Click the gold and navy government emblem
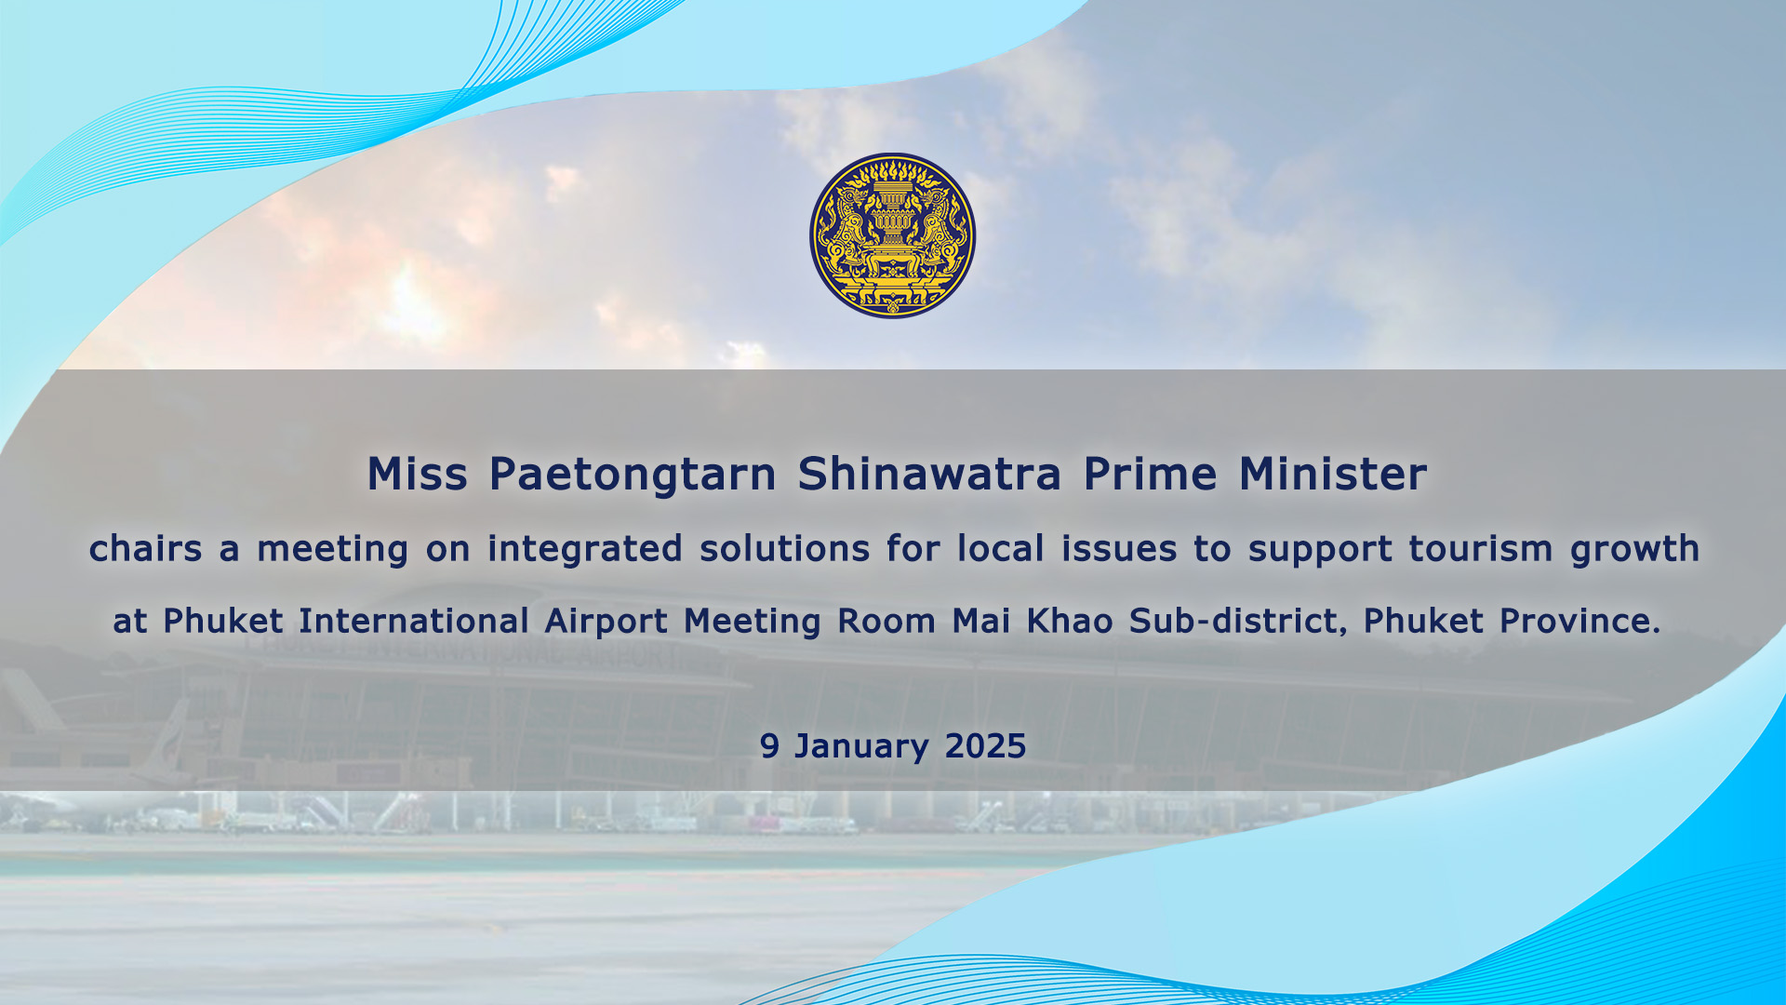click(x=893, y=235)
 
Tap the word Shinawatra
click(x=929, y=474)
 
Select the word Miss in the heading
click(x=418, y=474)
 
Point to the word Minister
click(x=1332, y=474)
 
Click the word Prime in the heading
click(x=1150, y=474)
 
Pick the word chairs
click(x=146, y=548)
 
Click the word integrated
click(x=585, y=550)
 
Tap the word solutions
click(x=785, y=548)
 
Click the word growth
click(x=1634, y=550)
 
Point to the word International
click(x=414, y=621)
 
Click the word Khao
click(x=1070, y=621)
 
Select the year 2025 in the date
click(x=985, y=746)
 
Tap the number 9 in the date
click(x=769, y=746)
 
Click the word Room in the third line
click(x=886, y=621)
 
